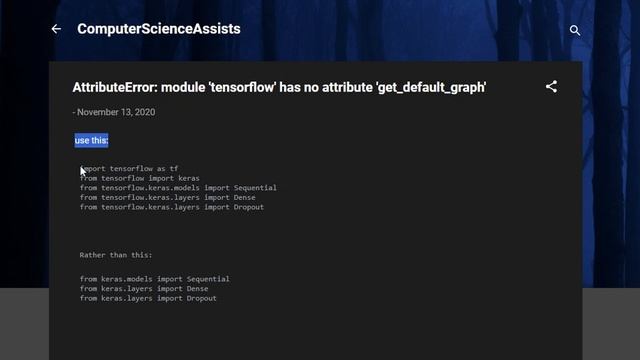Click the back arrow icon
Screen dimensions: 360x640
click(x=56, y=29)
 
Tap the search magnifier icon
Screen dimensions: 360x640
click(x=575, y=30)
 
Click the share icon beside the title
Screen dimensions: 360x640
click(x=551, y=87)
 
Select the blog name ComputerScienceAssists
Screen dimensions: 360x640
click(x=159, y=29)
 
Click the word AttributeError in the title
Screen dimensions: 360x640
click(x=113, y=87)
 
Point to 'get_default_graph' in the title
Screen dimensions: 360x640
click(x=431, y=87)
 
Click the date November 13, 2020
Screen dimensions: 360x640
click(x=116, y=112)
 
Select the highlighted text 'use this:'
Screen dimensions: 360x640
click(x=91, y=141)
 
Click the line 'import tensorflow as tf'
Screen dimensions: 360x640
click(x=130, y=169)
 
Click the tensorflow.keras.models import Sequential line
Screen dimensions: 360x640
click(x=178, y=188)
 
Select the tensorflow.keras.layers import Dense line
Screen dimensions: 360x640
click(x=168, y=198)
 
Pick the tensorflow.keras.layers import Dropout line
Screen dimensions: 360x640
click(x=172, y=207)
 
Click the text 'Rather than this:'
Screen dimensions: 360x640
click(x=116, y=255)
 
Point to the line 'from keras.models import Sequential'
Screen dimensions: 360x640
click(x=155, y=279)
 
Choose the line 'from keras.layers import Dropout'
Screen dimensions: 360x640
click(x=148, y=298)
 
